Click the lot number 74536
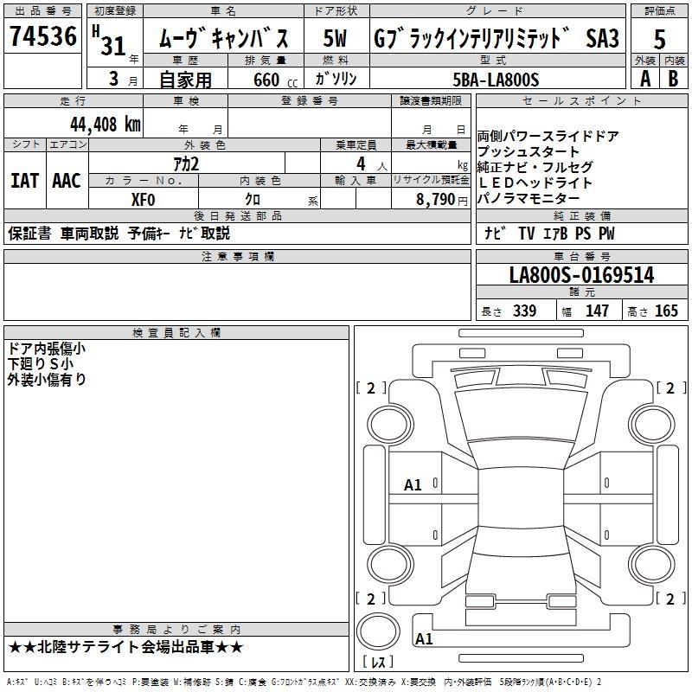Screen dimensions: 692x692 tap(42, 37)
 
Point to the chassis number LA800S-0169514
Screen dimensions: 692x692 tap(581, 276)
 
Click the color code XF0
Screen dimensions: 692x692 tap(143, 198)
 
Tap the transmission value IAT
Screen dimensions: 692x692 tap(24, 181)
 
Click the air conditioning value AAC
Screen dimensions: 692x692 tap(66, 181)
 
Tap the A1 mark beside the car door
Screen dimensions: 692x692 tap(413, 485)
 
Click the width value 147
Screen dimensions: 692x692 tap(597, 311)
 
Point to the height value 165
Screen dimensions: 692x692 tap(666, 311)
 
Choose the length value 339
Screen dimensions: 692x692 tap(524, 311)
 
